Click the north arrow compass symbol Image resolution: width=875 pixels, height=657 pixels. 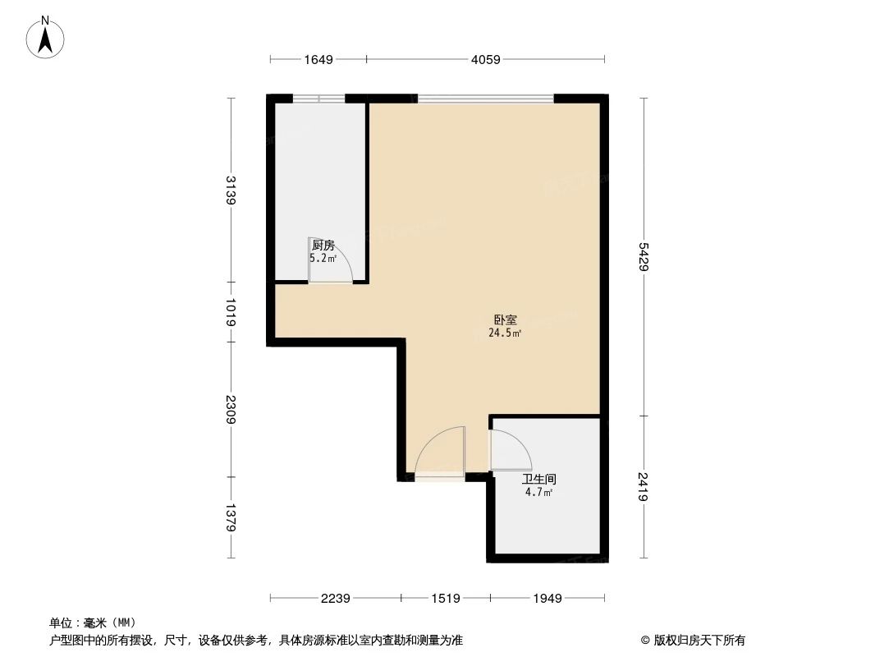pyautogui.click(x=46, y=37)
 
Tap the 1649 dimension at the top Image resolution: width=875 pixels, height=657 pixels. pyautogui.click(x=318, y=59)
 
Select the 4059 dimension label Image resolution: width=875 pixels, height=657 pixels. pyautogui.click(x=485, y=59)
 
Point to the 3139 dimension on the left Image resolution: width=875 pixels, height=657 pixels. pyautogui.click(x=232, y=191)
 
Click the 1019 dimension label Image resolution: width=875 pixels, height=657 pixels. pyautogui.click(x=232, y=312)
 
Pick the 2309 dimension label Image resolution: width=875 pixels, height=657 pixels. pyautogui.click(x=232, y=408)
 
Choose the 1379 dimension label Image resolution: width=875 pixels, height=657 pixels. pyautogui.click(x=232, y=517)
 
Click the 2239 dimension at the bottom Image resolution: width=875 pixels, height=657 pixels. pyautogui.click(x=336, y=599)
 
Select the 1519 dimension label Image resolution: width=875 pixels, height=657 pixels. pyautogui.click(x=446, y=599)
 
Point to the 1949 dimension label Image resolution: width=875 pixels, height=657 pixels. pyautogui.click(x=547, y=599)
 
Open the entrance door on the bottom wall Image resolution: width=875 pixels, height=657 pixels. pyautogui.click(x=440, y=457)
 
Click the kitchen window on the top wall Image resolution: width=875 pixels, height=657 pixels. pyautogui.click(x=320, y=99)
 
